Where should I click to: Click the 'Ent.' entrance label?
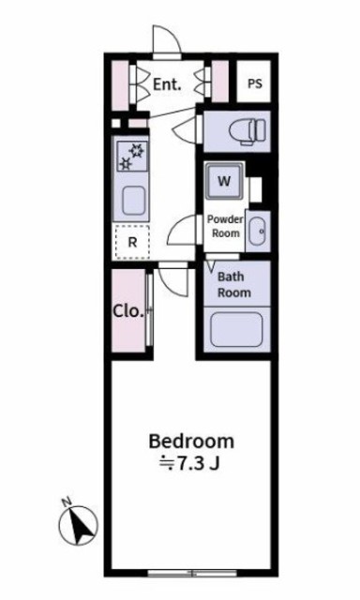tap(166, 83)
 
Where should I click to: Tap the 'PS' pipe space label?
tap(254, 83)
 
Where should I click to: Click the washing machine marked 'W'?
tap(225, 181)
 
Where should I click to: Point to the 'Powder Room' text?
tap(224, 225)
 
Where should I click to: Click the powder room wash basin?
tap(258, 230)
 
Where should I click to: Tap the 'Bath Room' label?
tap(233, 284)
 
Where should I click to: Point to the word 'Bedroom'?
tap(191, 441)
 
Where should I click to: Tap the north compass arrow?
tap(81, 526)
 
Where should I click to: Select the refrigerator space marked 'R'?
tap(132, 241)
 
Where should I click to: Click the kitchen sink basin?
tap(133, 199)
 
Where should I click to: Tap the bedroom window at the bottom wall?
tap(191, 572)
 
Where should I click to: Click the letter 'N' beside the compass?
tap(66, 503)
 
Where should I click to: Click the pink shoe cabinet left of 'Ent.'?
tap(119, 83)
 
